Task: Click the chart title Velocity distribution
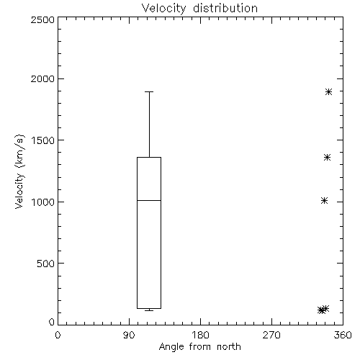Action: [x=199, y=9]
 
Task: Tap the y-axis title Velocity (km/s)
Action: [x=19, y=171]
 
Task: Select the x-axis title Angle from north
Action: [x=199, y=347]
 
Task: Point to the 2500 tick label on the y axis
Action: [x=42, y=19]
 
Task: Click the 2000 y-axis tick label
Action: [x=42, y=78]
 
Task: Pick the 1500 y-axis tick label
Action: [x=43, y=140]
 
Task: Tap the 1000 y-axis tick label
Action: [x=43, y=202]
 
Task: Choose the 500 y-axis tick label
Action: [x=46, y=264]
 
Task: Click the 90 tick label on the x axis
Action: [x=129, y=335]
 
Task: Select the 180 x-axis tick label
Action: [x=200, y=335]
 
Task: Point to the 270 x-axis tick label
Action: [x=271, y=335]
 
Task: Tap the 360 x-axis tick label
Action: [x=343, y=335]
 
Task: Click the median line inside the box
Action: [x=149, y=200]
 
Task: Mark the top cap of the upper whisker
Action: [x=149, y=91]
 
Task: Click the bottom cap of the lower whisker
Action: [x=149, y=311]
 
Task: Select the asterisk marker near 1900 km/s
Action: [x=328, y=91]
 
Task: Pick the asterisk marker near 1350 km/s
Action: [x=327, y=158]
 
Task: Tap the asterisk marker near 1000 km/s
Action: [x=324, y=200]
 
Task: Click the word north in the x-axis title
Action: [x=229, y=346]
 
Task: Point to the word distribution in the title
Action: [x=225, y=9]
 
